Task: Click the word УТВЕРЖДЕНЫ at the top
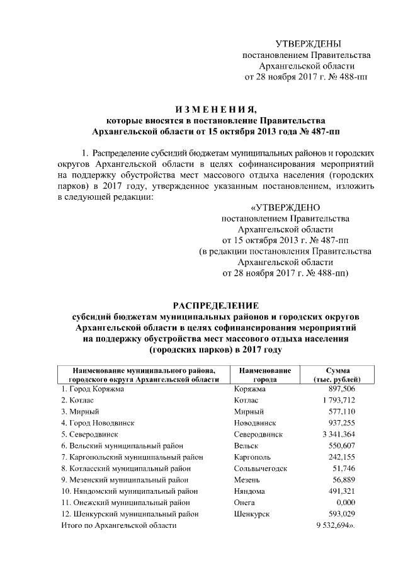click(308, 43)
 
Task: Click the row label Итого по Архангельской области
click(119, 525)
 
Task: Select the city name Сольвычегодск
click(260, 469)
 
